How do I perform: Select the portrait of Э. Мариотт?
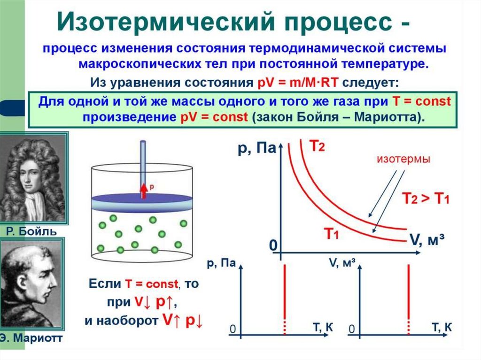coord(32,283)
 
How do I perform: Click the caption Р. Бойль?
coord(32,231)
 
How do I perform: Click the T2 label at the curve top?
coord(317,146)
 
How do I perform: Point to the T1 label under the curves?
coord(331,232)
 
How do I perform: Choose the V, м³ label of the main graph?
coord(427,240)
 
